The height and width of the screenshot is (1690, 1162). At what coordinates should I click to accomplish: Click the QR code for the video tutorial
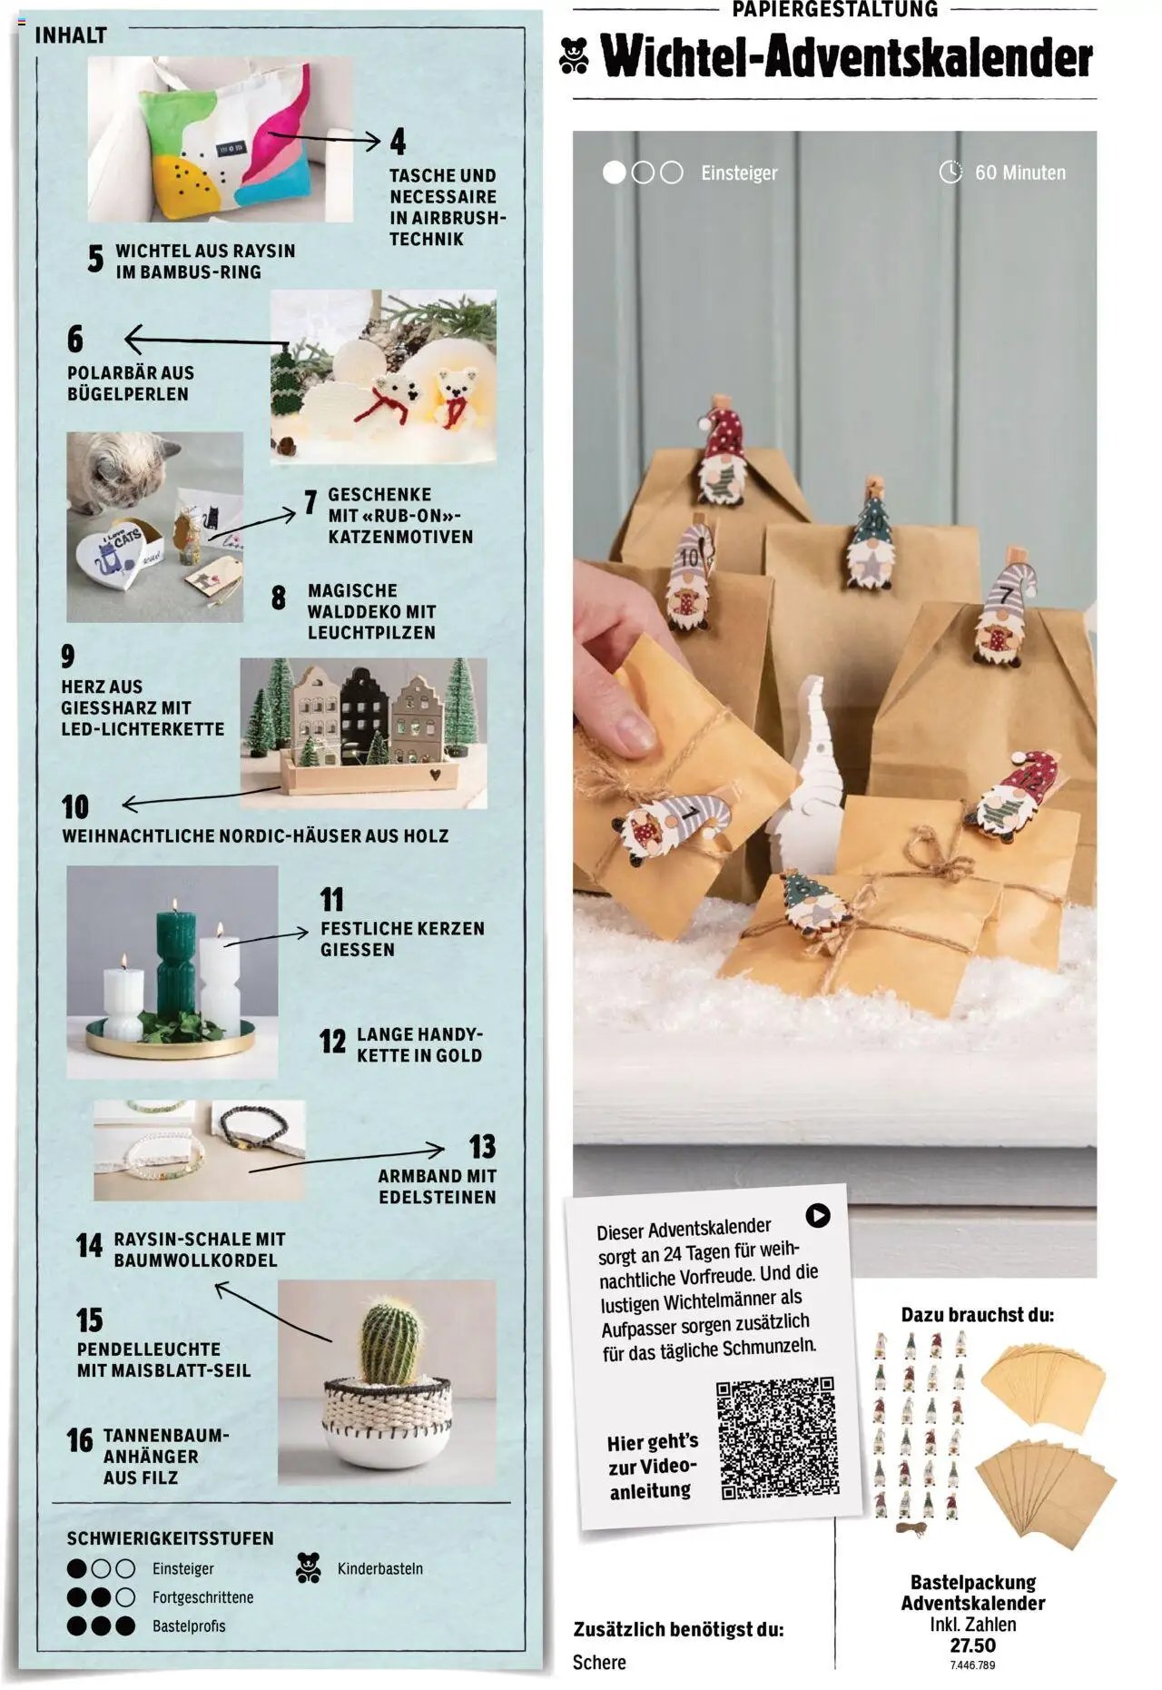pos(777,1438)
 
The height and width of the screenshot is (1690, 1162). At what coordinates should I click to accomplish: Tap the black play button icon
pos(817,1215)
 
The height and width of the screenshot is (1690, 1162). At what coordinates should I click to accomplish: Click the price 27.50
pos(972,1645)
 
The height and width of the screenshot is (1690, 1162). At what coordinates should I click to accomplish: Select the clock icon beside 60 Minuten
pos(950,172)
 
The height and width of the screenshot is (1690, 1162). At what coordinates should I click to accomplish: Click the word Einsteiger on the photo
pos(739,173)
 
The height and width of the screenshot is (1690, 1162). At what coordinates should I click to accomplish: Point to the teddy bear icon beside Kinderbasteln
pos(309,1567)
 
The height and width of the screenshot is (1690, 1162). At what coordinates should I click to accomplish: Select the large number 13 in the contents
pos(482,1146)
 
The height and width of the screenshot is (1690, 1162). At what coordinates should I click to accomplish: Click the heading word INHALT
pos(71,35)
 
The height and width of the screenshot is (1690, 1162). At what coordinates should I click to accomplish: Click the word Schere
pos(599,1662)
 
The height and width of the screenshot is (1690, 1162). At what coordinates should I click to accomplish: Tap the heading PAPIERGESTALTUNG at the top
pos(834,9)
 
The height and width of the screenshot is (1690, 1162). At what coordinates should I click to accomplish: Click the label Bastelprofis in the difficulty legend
pos(189,1626)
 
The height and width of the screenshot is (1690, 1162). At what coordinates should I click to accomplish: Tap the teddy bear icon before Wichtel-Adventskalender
pos(574,55)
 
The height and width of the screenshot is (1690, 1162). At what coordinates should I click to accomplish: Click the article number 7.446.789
pos(972,1665)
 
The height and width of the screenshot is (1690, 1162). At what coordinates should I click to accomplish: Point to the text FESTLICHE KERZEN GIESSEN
pos(402,939)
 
